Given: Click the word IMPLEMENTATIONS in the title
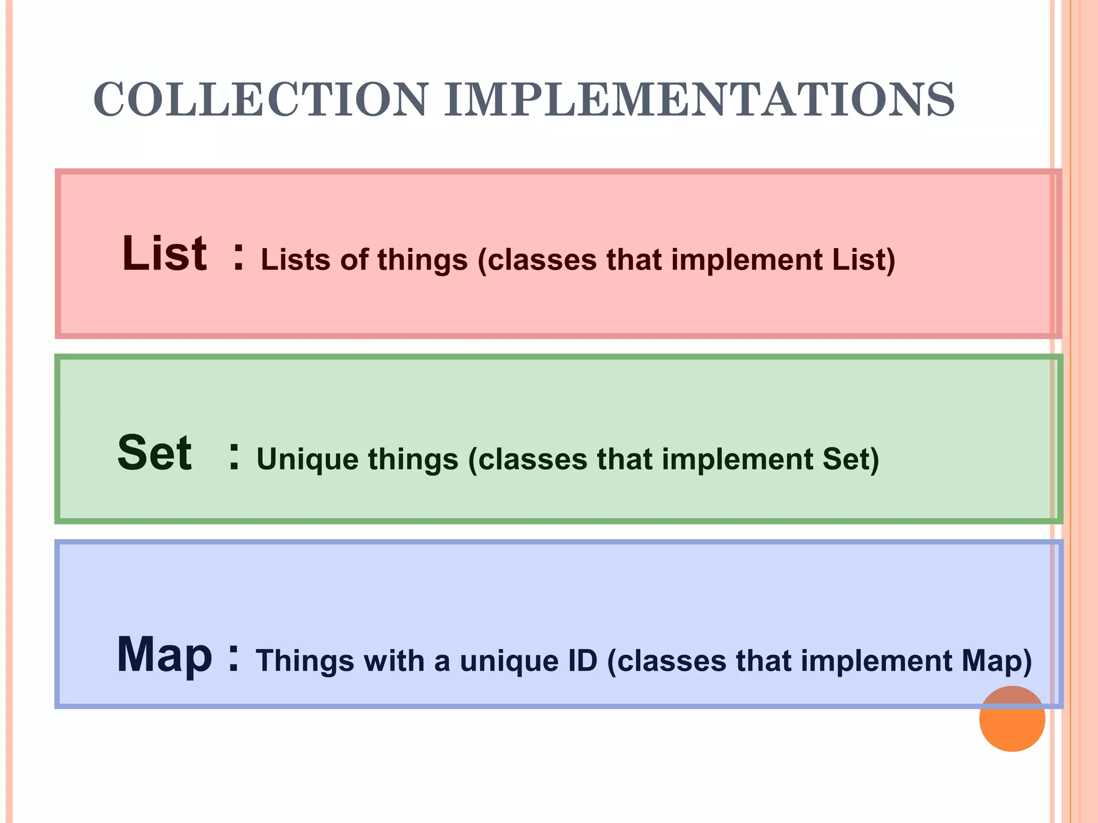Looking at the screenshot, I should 699,100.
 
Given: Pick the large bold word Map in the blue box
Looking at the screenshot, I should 165,655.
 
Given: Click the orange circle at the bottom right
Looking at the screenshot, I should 1012,719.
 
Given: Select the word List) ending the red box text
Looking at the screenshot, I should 864,260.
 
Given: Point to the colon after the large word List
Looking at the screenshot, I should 239,257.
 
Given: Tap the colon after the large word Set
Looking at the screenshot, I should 234,457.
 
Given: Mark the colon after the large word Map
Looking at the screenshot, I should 233,658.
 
